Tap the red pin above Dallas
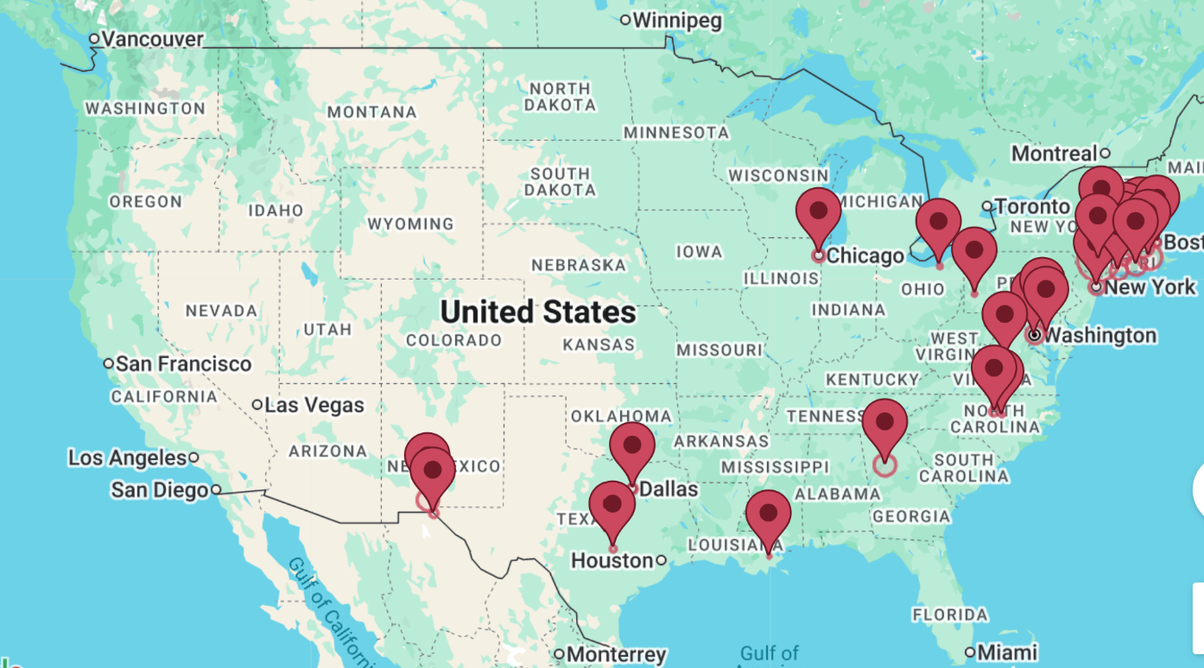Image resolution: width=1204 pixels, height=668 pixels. coord(632,445)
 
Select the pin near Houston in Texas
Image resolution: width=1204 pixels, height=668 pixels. coord(612,505)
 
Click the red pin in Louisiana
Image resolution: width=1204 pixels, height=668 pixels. coord(769,514)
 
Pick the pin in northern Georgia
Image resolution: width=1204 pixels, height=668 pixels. coord(885,423)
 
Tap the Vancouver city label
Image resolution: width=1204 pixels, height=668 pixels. coord(152,39)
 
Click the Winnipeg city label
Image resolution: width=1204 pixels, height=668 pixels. coord(677,21)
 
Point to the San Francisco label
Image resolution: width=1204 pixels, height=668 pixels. coord(183,364)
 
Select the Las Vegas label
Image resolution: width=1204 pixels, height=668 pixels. coord(314,405)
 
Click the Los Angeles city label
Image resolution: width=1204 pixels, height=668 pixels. coord(128,457)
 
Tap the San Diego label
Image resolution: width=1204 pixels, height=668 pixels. coord(160,490)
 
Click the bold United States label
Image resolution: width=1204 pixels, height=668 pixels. coord(538,312)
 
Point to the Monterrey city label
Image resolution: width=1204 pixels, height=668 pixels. coord(616,654)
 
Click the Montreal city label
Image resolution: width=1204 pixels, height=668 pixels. coord(1054,154)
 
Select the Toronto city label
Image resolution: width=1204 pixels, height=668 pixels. coord(1031,206)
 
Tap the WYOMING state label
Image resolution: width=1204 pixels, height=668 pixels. coord(410,224)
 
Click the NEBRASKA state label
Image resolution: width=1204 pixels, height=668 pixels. coord(578,265)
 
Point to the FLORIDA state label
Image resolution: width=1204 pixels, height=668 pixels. coord(950,614)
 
